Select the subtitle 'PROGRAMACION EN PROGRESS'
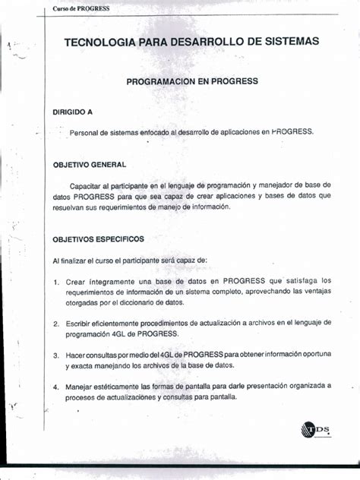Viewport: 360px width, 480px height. click(x=192, y=81)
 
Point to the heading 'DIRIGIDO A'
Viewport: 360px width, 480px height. click(x=72, y=112)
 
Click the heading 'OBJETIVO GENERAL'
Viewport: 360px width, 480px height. click(x=89, y=164)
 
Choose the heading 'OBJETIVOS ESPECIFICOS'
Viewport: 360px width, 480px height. click(x=98, y=238)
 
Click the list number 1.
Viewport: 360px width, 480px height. click(x=57, y=282)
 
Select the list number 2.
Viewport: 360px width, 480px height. click(x=57, y=323)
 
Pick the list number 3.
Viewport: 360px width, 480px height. click(x=57, y=355)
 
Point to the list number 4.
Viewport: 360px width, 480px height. click(x=57, y=386)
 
